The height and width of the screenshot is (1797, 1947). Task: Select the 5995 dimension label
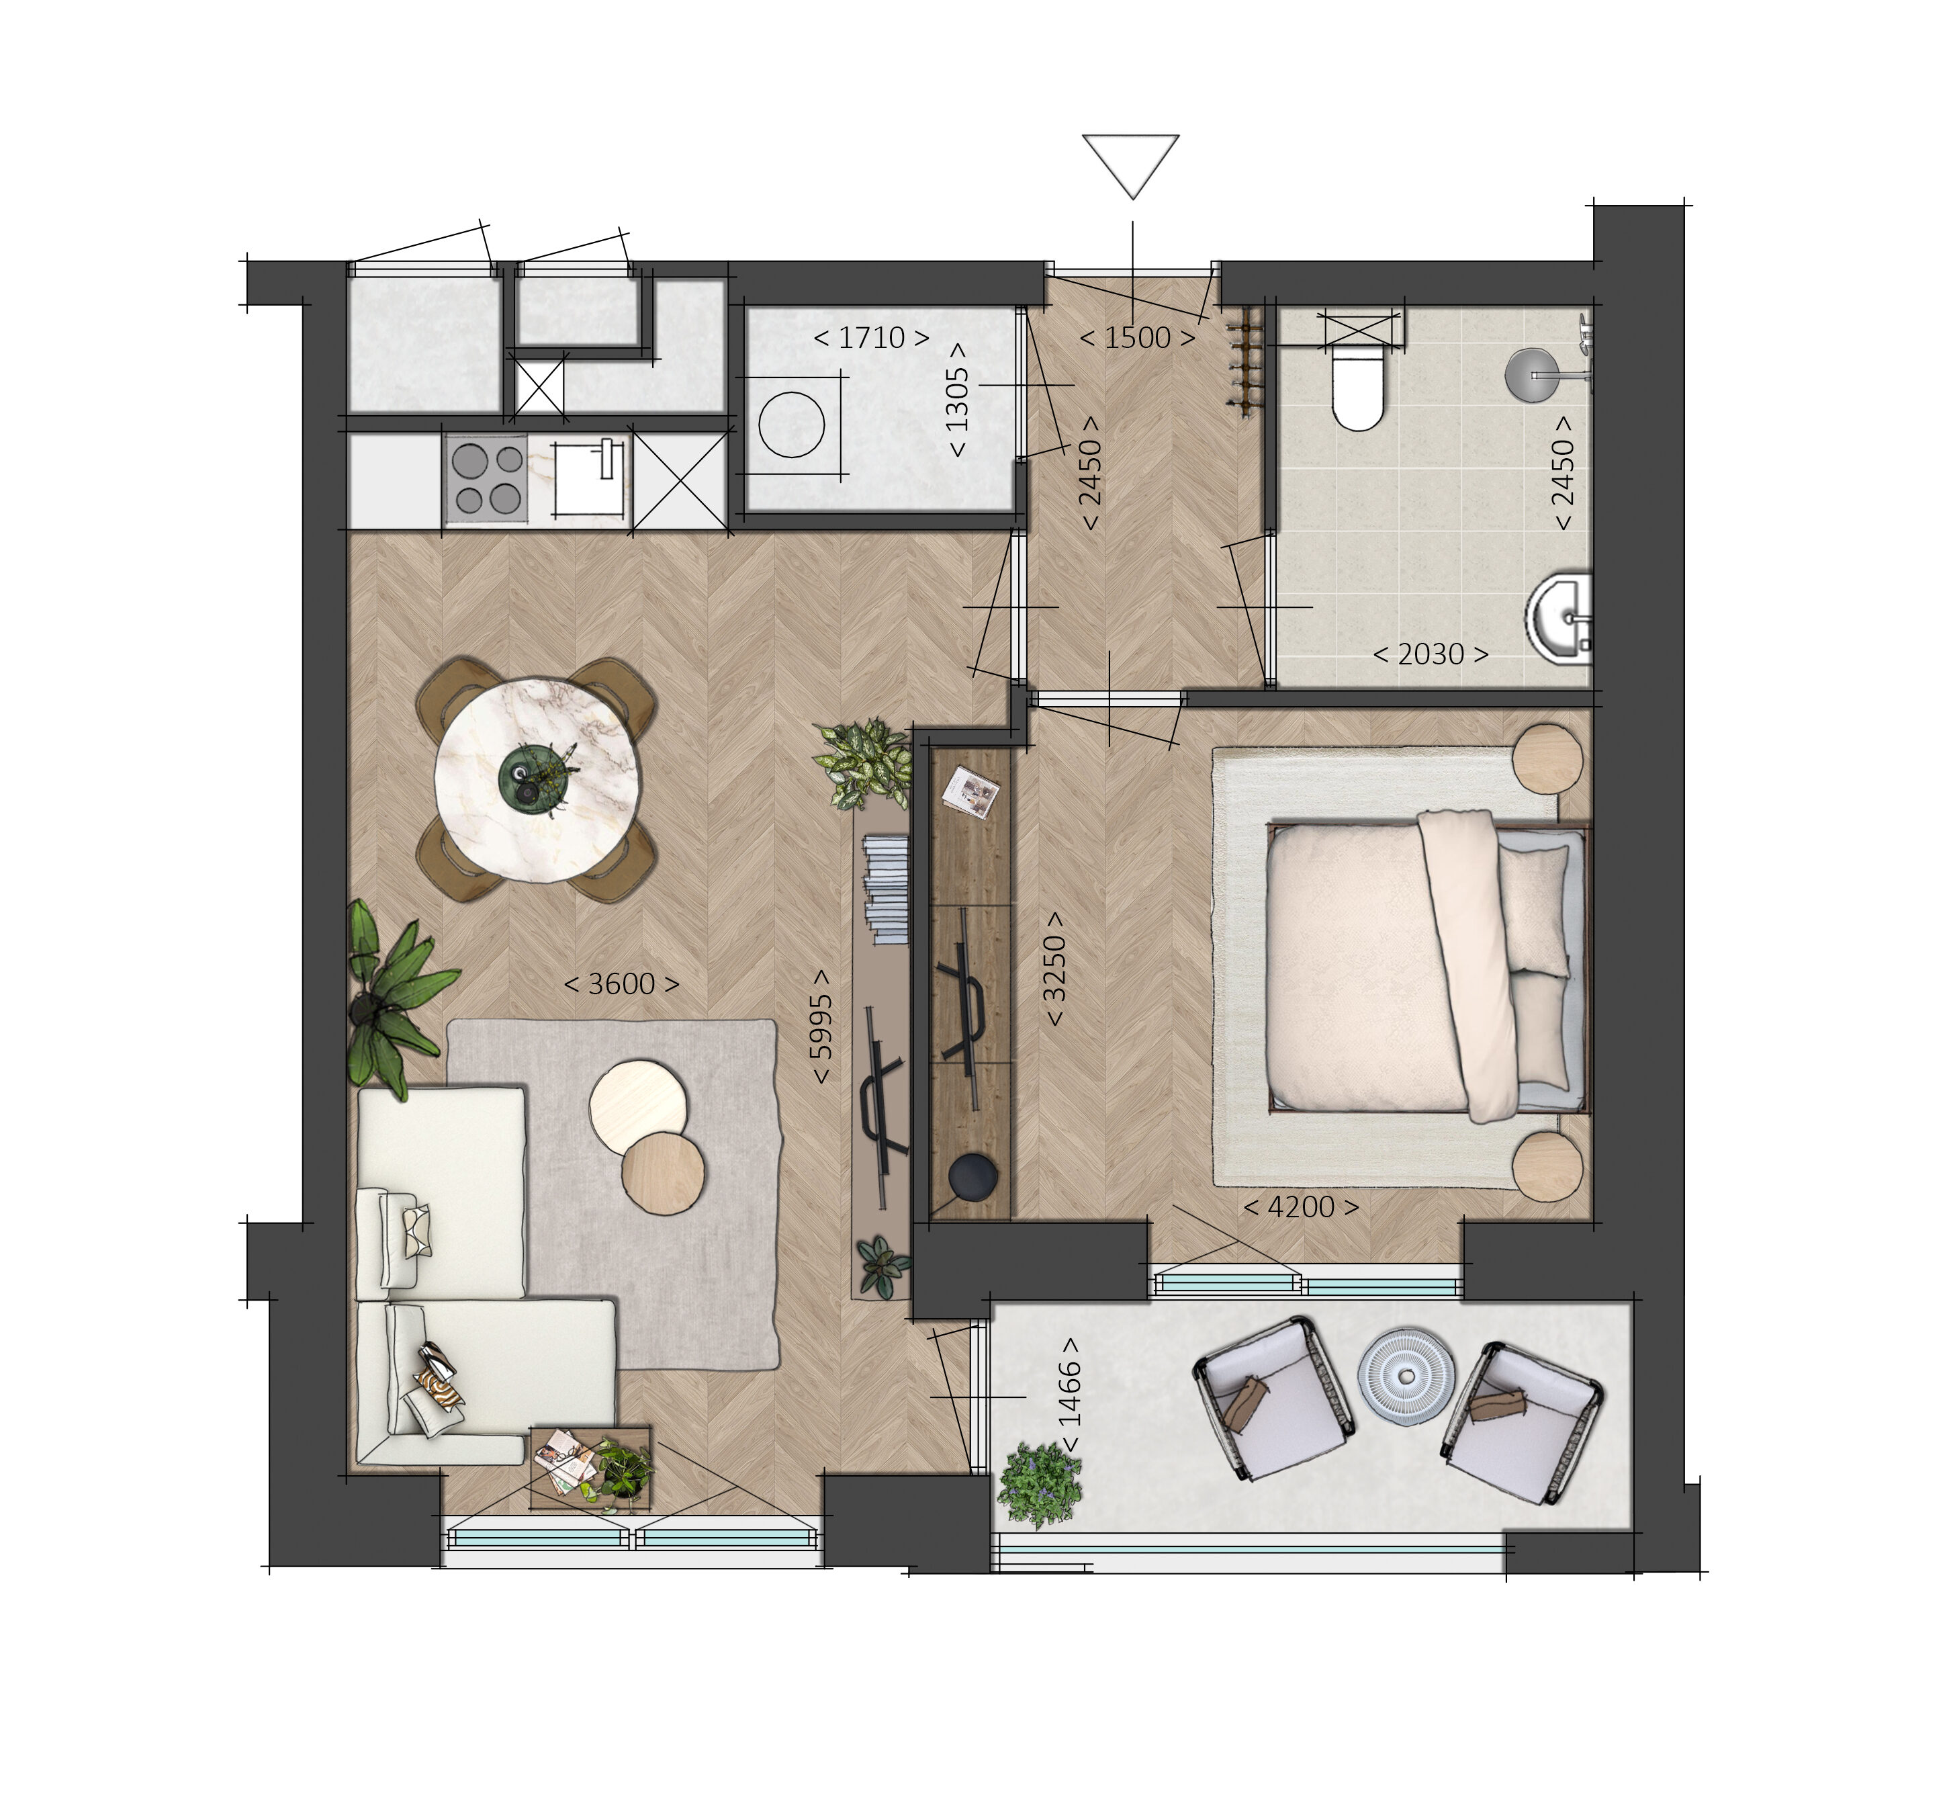[x=821, y=1025]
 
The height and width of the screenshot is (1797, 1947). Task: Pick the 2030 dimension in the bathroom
[x=1430, y=654]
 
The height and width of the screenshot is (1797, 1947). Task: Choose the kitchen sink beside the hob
[x=589, y=478]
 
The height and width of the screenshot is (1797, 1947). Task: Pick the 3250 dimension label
[x=1054, y=969]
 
